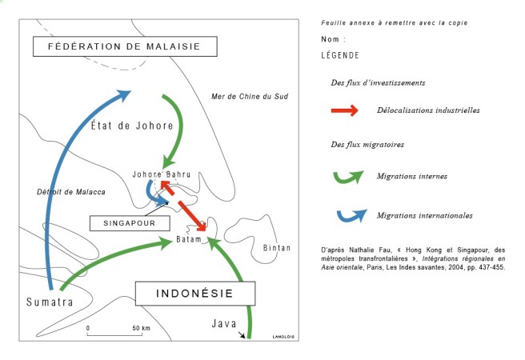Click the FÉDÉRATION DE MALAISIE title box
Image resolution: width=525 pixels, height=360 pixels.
(127, 47)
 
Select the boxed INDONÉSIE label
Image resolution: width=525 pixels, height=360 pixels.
(184, 294)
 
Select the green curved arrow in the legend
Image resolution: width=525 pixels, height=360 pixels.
(345, 175)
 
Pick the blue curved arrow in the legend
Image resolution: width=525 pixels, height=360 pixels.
(345, 215)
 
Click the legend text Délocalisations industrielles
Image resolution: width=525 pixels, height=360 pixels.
(428, 110)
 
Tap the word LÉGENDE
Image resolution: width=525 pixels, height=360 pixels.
(339, 55)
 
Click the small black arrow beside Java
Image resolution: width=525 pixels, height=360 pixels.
(242, 336)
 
